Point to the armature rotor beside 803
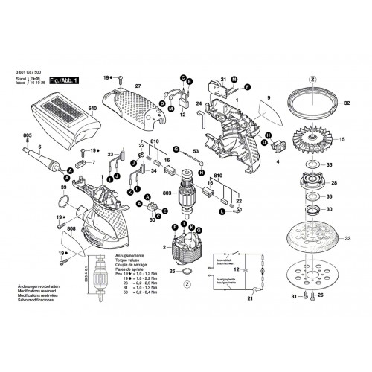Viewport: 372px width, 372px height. point(184,191)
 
